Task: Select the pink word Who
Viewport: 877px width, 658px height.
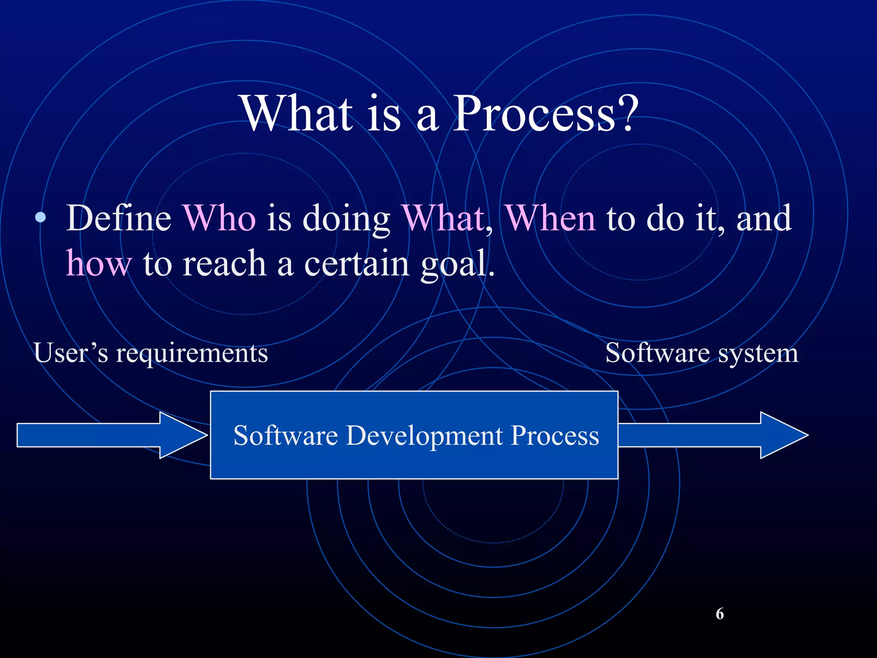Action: click(219, 218)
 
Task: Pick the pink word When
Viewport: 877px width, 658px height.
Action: click(551, 218)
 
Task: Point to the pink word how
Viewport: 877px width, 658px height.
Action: click(99, 263)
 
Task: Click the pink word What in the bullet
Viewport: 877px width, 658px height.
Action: click(444, 218)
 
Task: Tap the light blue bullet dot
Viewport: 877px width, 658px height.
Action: click(40, 218)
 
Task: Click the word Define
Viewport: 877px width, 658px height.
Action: click(119, 218)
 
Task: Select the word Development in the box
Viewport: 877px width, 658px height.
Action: click(424, 436)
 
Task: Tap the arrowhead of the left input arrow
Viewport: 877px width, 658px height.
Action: click(182, 435)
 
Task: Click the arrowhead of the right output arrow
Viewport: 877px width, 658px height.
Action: click(783, 435)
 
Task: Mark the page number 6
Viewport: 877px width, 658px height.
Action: click(719, 614)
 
